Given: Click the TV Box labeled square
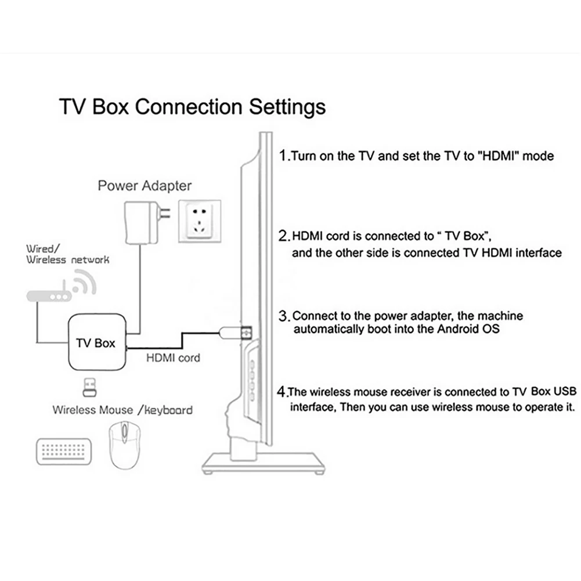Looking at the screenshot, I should (96, 342).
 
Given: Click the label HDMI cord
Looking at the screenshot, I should (172, 358).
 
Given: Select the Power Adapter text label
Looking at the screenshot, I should (145, 186).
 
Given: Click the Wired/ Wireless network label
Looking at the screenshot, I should (67, 254).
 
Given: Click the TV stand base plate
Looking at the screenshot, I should (262, 464).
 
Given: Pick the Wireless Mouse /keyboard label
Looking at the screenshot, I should (122, 410).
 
